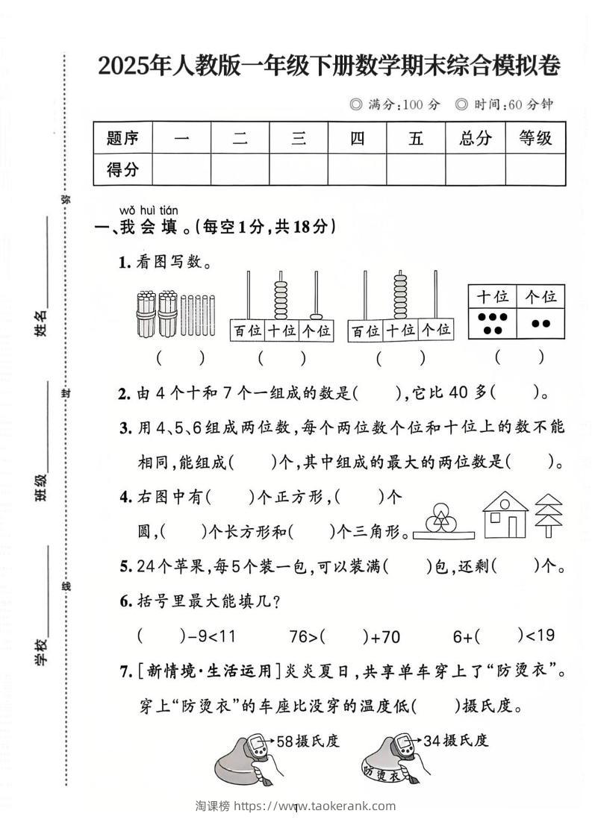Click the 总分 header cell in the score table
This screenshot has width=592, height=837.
coord(475,138)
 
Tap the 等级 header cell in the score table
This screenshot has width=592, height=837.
coord(535,138)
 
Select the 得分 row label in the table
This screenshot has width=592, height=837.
coord(122,169)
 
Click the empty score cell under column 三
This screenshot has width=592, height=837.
coord(299,169)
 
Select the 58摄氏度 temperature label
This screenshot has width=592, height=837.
coord(308,741)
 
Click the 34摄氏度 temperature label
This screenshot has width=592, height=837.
coord(455,741)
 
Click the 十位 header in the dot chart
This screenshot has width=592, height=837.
coord(492,296)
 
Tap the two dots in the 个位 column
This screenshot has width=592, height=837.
coord(540,323)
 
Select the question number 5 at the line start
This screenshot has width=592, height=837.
coord(125,567)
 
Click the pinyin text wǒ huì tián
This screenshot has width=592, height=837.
coord(149,211)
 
